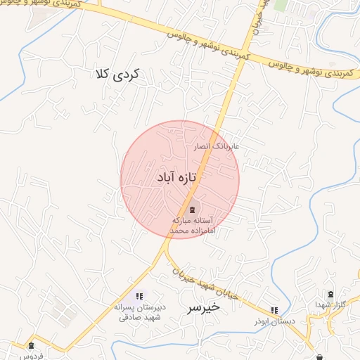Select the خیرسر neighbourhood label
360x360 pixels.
tap(204, 307)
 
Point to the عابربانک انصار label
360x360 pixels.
tap(217, 147)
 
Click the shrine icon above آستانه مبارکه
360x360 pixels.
tap(192, 208)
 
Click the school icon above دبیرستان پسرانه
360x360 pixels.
tap(139, 296)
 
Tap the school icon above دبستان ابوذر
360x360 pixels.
tap(274, 310)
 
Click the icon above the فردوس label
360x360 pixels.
tap(30, 345)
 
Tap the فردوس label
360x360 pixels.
tap(32, 356)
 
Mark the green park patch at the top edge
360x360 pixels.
tap(281, 5)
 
